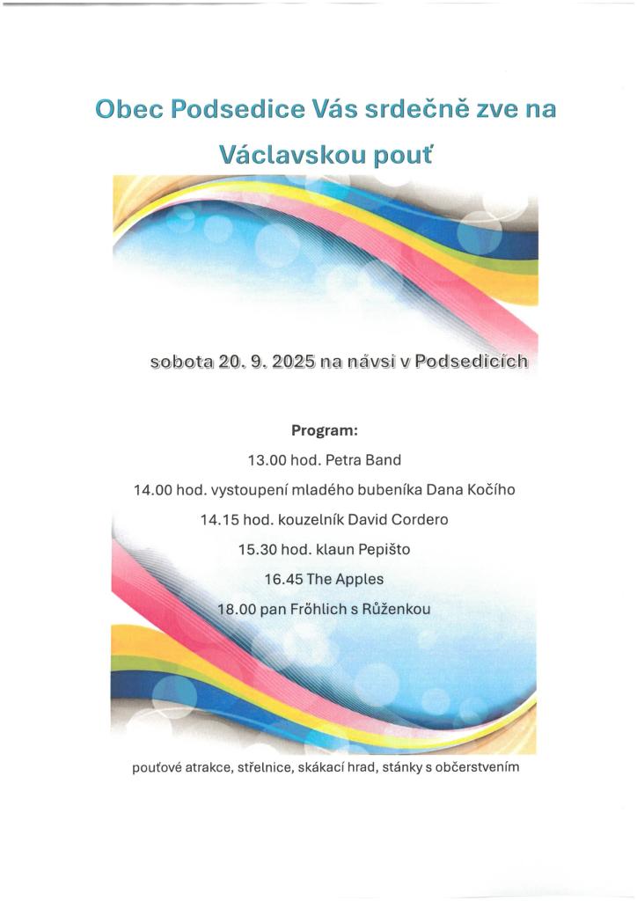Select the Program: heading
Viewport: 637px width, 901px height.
click(324, 431)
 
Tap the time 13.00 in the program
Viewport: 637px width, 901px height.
click(267, 460)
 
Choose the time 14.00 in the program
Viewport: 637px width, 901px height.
click(152, 490)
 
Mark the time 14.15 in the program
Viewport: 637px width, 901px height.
click(219, 520)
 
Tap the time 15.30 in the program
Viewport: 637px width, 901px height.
click(257, 550)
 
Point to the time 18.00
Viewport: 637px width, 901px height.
click(236, 609)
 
